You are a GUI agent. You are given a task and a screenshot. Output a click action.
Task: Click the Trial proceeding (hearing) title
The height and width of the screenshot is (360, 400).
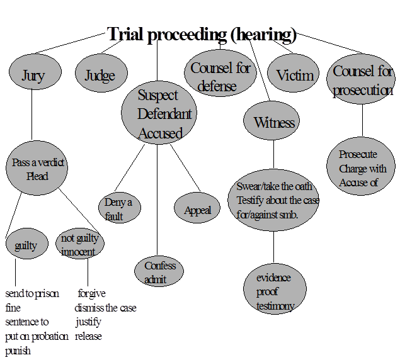point(202,34)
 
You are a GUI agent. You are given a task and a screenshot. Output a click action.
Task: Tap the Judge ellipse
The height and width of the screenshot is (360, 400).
point(100,76)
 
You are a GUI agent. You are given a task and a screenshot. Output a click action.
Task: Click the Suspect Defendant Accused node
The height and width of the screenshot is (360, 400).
point(159,114)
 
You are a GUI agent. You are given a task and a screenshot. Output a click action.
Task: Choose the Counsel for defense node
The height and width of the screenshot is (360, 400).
point(220,77)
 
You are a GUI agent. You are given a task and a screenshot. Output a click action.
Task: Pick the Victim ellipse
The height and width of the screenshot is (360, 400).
point(295,76)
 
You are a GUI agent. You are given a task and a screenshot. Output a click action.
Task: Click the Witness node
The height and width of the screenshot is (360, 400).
point(274,122)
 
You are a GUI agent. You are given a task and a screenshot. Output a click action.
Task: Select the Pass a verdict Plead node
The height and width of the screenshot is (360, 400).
point(37,169)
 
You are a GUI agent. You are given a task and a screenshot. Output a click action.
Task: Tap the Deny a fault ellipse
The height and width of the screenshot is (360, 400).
point(119,208)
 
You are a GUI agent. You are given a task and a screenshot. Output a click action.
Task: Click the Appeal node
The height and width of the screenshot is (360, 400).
point(197,210)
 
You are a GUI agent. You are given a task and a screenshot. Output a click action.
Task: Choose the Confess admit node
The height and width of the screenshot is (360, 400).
point(159,272)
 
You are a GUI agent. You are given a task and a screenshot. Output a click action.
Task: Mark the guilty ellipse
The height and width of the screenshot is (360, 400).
point(26,246)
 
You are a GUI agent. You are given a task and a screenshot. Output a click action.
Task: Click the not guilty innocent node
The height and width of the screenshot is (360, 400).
point(79,245)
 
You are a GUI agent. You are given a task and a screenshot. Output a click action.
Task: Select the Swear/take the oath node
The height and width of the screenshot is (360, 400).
point(273,200)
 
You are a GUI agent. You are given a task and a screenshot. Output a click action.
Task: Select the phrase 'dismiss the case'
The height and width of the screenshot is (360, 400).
point(105,308)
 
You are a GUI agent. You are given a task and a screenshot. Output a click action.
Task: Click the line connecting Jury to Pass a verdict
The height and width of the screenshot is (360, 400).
point(31,116)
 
